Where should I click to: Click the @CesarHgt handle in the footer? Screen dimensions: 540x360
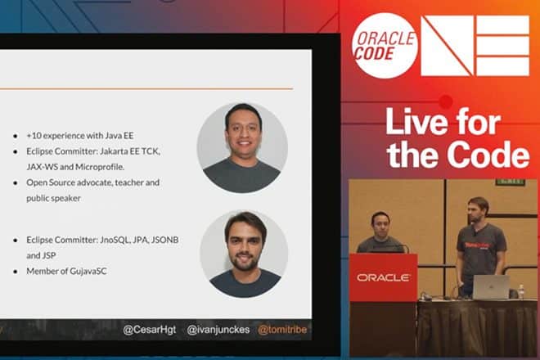(x=150, y=330)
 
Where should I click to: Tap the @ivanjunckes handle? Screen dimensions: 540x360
(x=218, y=330)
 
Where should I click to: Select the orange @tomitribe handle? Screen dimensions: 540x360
(x=282, y=330)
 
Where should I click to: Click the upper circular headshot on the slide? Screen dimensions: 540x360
(x=242, y=147)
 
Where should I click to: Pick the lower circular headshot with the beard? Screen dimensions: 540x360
(x=244, y=254)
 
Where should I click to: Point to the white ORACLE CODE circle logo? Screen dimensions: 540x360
(x=385, y=46)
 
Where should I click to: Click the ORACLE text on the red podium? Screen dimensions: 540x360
(x=383, y=277)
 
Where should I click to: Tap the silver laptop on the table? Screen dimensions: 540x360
(x=491, y=287)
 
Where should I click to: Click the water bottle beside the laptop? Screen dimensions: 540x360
(x=520, y=291)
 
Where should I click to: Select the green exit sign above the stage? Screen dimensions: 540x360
(x=511, y=181)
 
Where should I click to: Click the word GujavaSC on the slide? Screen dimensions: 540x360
(x=88, y=271)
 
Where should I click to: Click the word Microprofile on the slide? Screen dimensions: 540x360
(x=100, y=167)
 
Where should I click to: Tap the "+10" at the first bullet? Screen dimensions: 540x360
(x=34, y=136)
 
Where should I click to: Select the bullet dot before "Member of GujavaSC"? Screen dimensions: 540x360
(x=16, y=272)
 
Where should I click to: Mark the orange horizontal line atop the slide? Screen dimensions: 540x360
(x=146, y=88)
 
